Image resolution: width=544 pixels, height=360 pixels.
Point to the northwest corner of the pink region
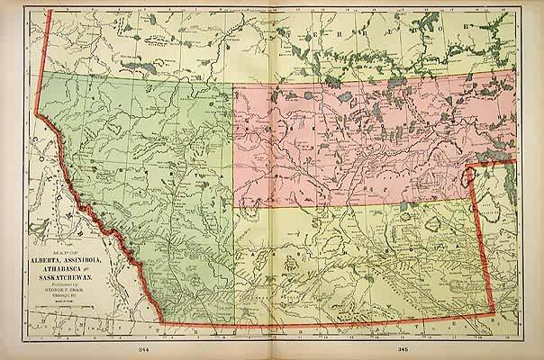236,87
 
